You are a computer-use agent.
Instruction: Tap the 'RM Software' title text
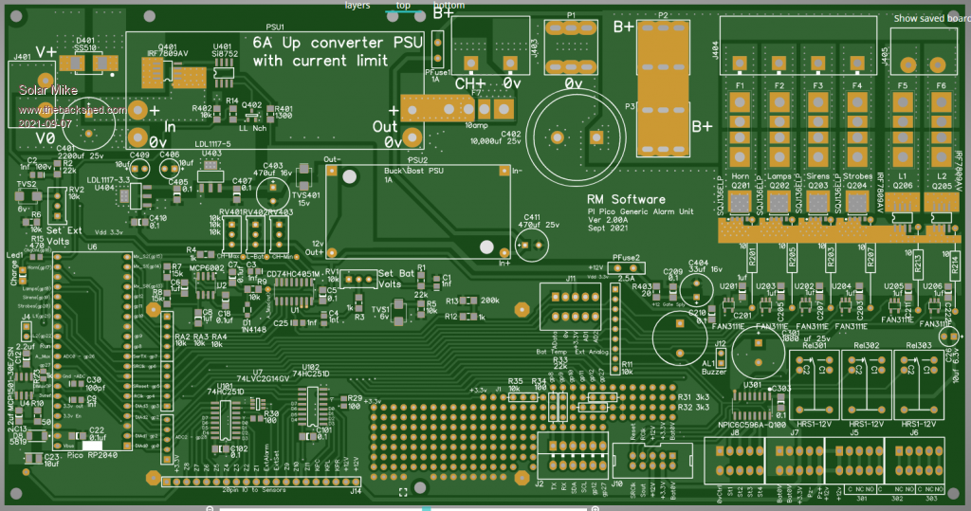(626, 200)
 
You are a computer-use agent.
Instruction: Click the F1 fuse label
(742, 86)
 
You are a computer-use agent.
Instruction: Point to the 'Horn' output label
(742, 177)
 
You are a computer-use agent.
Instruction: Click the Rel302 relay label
(866, 345)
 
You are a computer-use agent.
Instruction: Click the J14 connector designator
(356, 490)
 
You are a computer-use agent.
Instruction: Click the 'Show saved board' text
(931, 18)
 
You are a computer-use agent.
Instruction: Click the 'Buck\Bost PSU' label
(414, 171)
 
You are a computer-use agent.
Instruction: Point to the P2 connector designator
(663, 15)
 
